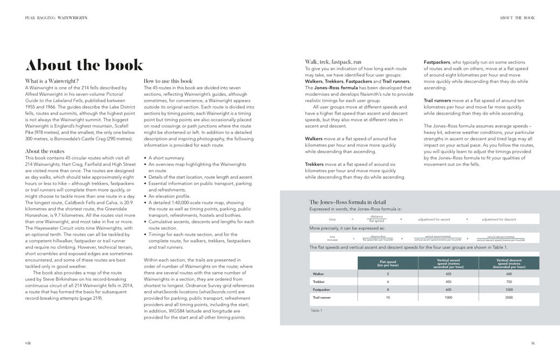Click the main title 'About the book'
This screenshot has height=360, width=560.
[x=85, y=65]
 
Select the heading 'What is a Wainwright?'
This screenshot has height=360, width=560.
[x=50, y=81]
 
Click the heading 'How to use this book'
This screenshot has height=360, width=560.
[x=168, y=81]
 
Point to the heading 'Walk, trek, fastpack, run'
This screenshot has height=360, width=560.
[x=333, y=62]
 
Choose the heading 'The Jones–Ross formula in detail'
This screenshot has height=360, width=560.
[x=348, y=202]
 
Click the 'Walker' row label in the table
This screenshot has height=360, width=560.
[x=319, y=274]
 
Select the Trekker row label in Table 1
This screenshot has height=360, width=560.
[x=319, y=281]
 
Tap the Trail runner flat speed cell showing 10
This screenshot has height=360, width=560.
[x=388, y=297]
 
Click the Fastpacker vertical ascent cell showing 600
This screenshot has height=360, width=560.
[x=448, y=290]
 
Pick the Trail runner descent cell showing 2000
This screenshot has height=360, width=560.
[x=508, y=297]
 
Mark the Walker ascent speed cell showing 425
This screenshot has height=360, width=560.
[x=448, y=274]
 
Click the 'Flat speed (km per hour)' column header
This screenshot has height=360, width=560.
[x=388, y=263]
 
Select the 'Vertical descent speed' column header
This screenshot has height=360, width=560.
[x=508, y=263]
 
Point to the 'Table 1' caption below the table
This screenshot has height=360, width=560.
[x=317, y=310]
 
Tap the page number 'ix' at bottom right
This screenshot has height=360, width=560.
[x=533, y=342]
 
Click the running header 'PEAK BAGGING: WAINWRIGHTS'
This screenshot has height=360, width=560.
[x=56, y=18]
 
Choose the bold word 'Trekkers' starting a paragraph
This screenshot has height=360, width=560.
[x=314, y=164]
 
